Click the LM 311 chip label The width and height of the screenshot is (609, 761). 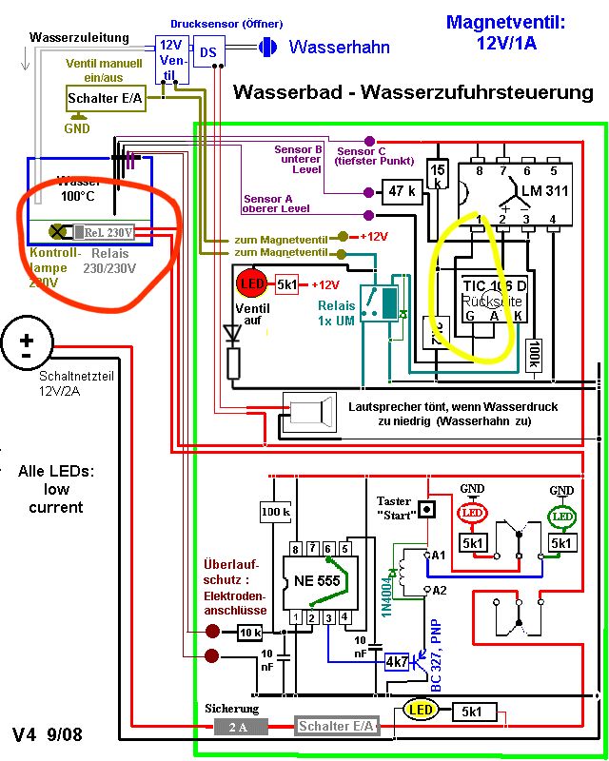click(x=544, y=190)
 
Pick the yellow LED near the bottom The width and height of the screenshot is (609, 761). click(x=420, y=709)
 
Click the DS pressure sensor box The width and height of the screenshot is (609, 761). click(x=206, y=52)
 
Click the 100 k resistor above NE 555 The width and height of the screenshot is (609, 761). click(x=275, y=513)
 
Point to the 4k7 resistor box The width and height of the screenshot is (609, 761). click(x=396, y=661)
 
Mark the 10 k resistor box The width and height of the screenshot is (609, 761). click(x=249, y=632)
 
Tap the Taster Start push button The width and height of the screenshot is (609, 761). click(x=427, y=508)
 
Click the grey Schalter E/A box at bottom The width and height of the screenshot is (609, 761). click(x=336, y=726)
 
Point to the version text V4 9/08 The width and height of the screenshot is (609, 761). click(x=48, y=734)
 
